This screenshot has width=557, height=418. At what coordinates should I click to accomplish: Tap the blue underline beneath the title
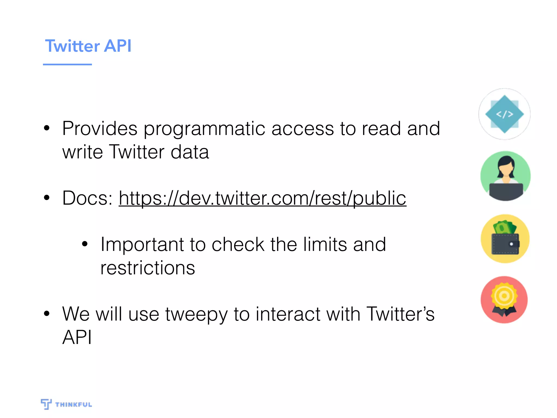[67, 64]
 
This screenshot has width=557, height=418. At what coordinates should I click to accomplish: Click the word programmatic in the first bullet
[204, 129]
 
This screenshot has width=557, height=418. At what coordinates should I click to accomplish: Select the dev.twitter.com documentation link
[262, 198]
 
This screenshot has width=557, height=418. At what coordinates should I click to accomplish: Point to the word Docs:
[87, 198]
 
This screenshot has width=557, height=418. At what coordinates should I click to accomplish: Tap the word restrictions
[148, 268]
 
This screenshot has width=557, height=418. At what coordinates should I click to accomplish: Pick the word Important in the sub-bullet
[142, 245]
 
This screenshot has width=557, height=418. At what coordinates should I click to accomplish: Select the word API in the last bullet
[77, 337]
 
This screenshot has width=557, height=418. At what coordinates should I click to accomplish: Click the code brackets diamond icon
[505, 114]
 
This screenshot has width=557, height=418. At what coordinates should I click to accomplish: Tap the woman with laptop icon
[505, 176]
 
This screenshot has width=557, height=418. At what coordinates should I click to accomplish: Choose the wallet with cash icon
[505, 239]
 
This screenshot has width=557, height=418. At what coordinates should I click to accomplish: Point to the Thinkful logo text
[73, 404]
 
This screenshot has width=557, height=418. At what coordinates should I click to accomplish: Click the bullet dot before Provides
[47, 128]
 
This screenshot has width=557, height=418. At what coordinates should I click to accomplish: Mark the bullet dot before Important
[85, 244]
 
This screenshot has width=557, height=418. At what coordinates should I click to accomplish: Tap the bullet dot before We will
[47, 314]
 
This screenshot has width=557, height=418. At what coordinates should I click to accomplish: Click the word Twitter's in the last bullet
[400, 314]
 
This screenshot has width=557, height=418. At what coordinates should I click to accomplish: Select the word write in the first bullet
[82, 152]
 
